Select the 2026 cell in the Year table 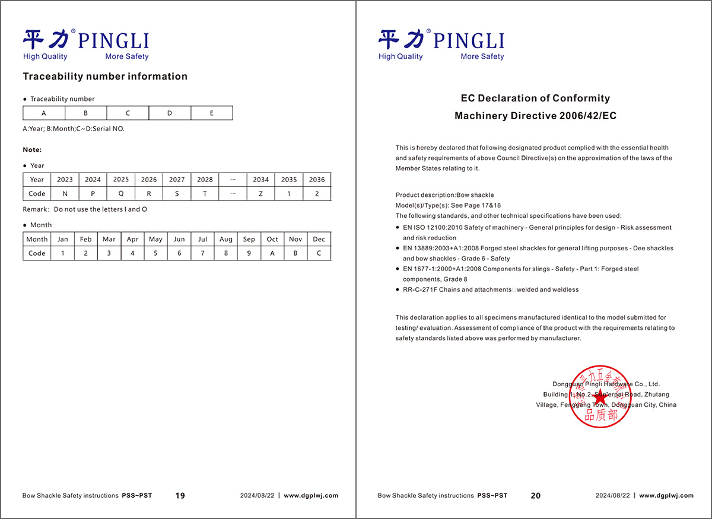(149, 179)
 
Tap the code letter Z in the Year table (261, 194)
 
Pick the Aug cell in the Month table (226, 239)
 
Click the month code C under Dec (319, 253)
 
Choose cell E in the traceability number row (212, 113)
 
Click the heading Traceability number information (105, 77)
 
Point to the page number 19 (180, 496)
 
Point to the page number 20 (536, 496)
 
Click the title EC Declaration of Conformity (535, 98)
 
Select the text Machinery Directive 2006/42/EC (535, 116)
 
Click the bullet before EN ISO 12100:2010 (397, 228)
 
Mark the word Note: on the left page (32, 149)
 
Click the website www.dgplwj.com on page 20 (666, 496)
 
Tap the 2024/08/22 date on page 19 (257, 496)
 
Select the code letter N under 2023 (65, 194)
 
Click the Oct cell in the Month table (272, 239)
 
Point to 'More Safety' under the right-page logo (482, 56)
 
